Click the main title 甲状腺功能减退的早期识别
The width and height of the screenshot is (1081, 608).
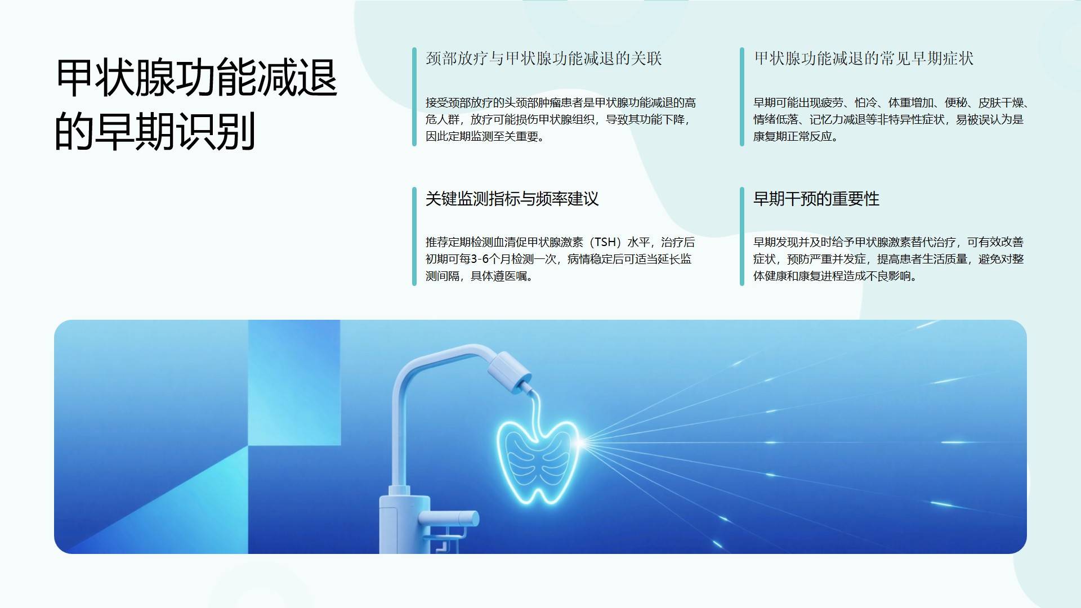[x=196, y=104]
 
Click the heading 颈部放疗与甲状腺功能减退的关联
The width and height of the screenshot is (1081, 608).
[x=544, y=59]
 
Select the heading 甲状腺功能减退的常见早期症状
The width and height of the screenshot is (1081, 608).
[x=864, y=59]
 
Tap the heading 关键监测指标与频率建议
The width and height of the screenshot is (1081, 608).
[x=512, y=199]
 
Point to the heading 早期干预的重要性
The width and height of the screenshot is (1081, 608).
[x=816, y=199]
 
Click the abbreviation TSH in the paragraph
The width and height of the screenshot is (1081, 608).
[x=605, y=242]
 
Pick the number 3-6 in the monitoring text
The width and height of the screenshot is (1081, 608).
[x=480, y=259]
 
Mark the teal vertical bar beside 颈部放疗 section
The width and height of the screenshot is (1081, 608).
[x=414, y=97]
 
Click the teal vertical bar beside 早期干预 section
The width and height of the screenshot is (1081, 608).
[x=742, y=236]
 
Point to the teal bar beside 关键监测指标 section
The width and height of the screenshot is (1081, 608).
[x=414, y=236]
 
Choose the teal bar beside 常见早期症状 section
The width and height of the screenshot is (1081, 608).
[x=742, y=97]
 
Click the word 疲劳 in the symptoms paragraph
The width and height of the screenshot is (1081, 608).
[x=832, y=103]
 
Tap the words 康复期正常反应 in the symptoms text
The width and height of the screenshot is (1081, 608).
[x=793, y=137]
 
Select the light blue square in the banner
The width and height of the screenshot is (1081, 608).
[x=294, y=383]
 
